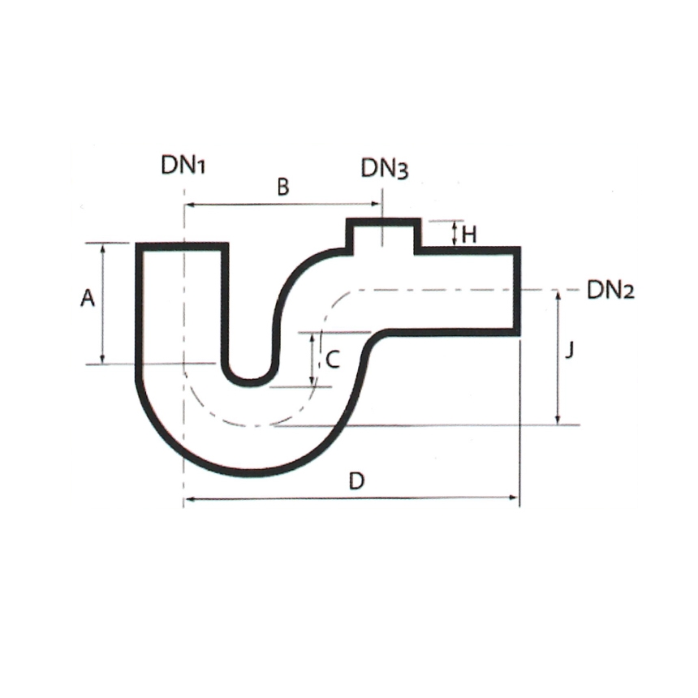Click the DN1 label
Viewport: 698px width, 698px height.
[x=184, y=166]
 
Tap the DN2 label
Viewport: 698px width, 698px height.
[x=610, y=290]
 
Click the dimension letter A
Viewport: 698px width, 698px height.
[x=88, y=299]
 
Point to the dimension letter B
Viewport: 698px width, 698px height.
[x=282, y=187]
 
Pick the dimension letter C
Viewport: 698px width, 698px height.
[x=333, y=360]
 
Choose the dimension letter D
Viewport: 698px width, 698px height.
[x=355, y=480]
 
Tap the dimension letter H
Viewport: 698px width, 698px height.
[x=469, y=235]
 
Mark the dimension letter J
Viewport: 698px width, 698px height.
[x=570, y=351]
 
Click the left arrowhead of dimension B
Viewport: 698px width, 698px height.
[x=189, y=205]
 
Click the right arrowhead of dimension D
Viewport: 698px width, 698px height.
[x=514, y=498]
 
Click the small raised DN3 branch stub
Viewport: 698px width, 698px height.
[x=383, y=235]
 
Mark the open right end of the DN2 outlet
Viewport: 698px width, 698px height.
[x=517, y=290]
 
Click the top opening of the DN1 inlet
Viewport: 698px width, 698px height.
[x=182, y=245]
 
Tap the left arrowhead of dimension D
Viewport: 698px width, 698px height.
[x=189, y=498]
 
